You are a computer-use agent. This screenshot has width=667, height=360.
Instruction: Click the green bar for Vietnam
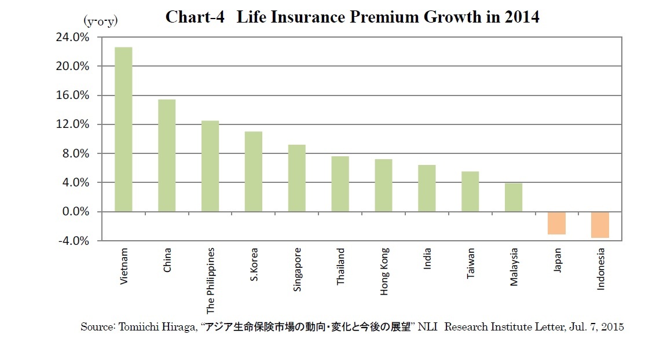tap(123, 129)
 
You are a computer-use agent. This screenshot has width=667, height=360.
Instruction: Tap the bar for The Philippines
tap(210, 166)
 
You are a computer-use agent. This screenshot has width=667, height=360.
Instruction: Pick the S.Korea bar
tap(254, 171)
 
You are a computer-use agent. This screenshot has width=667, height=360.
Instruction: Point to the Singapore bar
tap(297, 178)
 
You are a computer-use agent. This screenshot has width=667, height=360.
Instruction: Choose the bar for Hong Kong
tap(383, 185)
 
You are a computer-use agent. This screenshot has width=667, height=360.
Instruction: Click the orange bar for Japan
tap(556, 223)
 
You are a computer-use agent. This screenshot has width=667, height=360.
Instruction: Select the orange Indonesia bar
tap(600, 225)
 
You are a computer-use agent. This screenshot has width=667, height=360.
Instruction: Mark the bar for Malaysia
tap(514, 197)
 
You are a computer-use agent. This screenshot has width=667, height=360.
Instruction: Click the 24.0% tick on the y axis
tap(72, 37)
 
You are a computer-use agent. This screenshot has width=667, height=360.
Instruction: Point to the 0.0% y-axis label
tap(75, 212)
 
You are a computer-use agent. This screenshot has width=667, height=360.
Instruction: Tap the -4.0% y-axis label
tap(74, 241)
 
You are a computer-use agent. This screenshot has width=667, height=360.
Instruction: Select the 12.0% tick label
tap(72, 124)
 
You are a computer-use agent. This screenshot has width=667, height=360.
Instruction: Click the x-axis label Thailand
tap(341, 267)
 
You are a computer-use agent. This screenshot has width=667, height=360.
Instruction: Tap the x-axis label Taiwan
tap(471, 264)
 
